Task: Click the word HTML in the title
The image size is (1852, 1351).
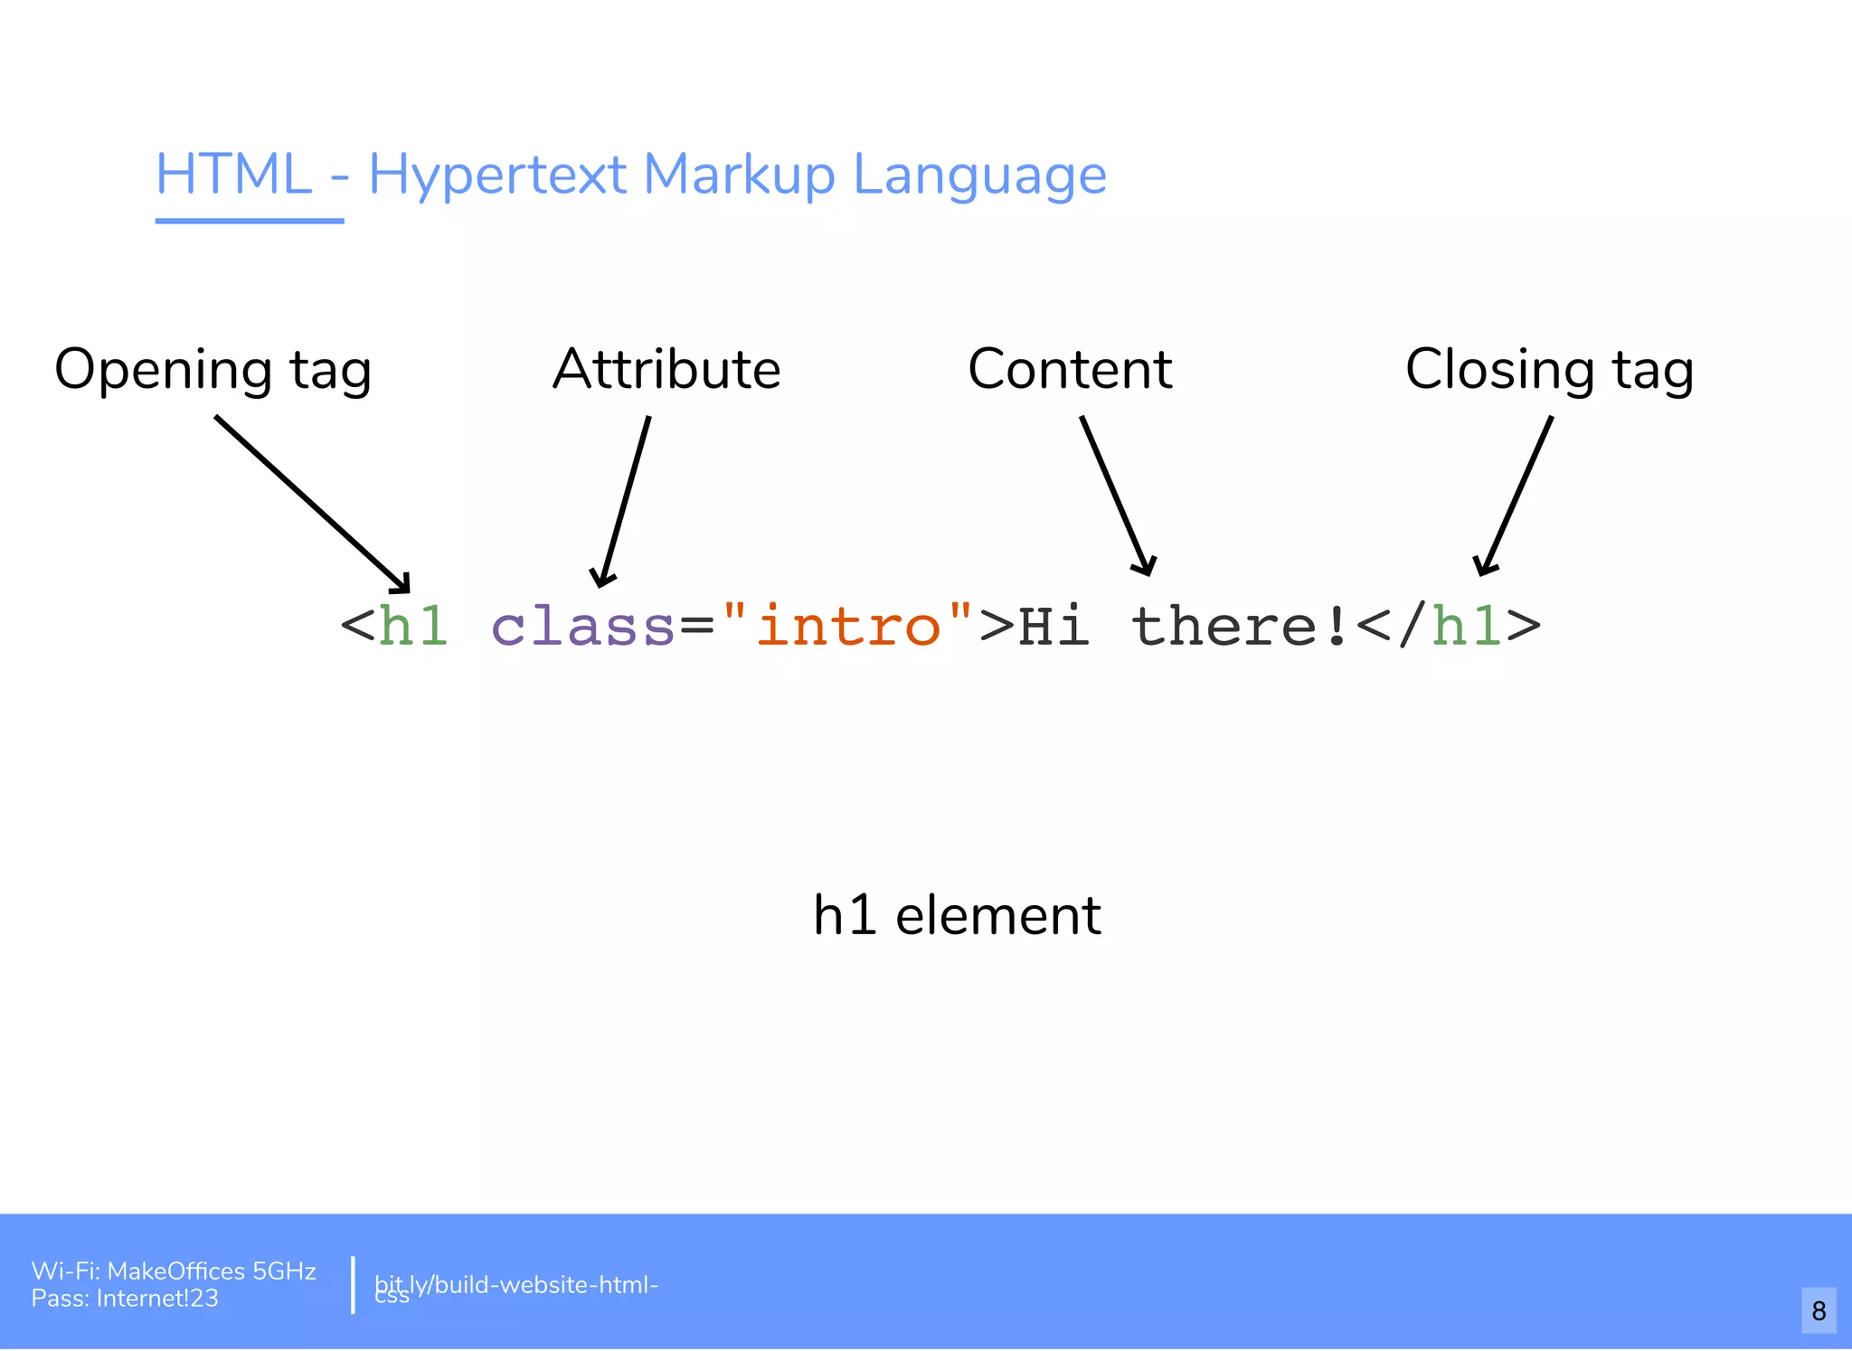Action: tap(233, 174)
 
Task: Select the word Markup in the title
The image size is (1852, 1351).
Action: tap(738, 174)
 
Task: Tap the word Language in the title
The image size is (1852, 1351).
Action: tap(979, 175)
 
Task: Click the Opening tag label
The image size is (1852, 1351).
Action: tap(213, 370)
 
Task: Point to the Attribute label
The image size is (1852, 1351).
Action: tap(666, 369)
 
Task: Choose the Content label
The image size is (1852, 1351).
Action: tap(1070, 369)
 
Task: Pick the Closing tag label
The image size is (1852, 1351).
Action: tap(1549, 370)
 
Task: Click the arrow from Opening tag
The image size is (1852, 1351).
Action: tap(312, 504)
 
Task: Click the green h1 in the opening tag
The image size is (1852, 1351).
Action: tap(413, 626)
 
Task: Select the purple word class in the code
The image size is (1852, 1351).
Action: tap(582, 626)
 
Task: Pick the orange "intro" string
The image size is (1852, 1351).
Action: tap(848, 626)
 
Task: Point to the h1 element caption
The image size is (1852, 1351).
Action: tap(957, 915)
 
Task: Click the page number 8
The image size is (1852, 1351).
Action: tap(1819, 1310)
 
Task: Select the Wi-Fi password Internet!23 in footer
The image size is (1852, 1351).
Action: tap(157, 1299)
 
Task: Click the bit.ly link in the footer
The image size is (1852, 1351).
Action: tap(515, 1285)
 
